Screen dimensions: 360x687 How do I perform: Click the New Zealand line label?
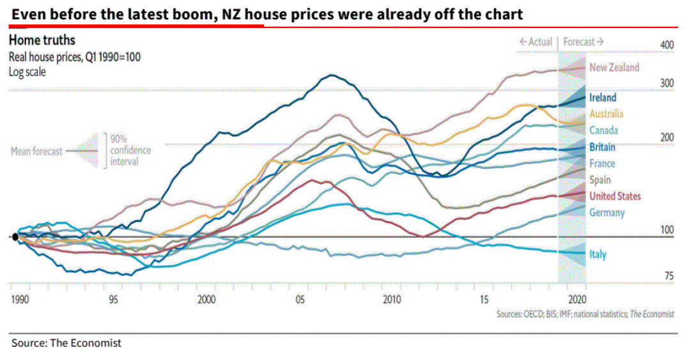click(614, 68)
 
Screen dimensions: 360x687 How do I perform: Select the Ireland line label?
click(603, 98)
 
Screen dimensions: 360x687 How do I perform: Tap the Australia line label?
click(606, 114)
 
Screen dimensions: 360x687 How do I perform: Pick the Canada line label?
click(603, 130)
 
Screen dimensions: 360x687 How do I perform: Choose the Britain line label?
click(602, 147)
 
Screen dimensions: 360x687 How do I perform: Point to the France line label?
click(602, 164)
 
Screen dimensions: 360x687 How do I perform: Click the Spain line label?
click(600, 180)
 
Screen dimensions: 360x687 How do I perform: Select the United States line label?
click(615, 196)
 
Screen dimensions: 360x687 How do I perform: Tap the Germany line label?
click(606, 213)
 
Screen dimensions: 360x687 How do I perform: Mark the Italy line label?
click(598, 254)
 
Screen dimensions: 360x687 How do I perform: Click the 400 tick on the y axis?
click(667, 45)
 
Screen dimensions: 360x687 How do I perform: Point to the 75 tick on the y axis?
click(668, 276)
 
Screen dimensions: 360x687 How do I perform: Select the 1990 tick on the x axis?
click(20, 299)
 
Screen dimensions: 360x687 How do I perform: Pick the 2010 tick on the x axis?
click(391, 299)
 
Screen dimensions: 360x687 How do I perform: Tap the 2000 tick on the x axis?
click(206, 299)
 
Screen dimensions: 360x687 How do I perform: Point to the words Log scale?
click(27, 72)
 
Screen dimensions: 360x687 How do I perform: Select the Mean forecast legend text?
click(36, 152)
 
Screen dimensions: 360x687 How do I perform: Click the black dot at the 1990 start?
click(15, 237)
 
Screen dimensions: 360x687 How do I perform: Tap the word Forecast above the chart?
click(580, 42)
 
